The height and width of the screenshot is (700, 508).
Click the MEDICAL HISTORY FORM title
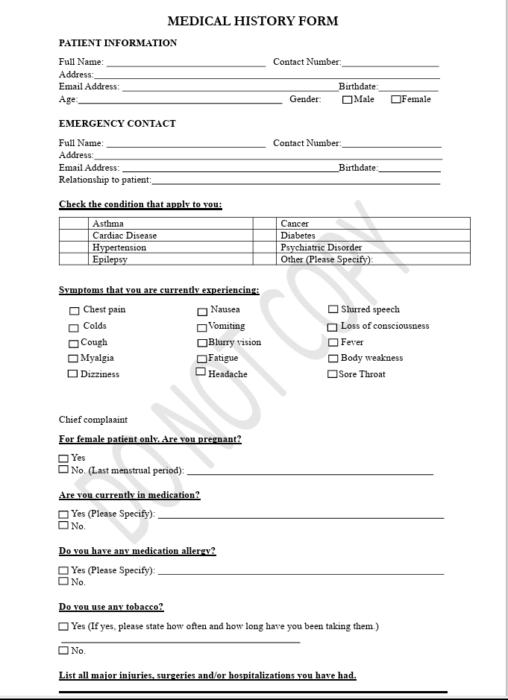click(252, 21)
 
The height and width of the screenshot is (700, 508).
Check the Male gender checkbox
click(347, 100)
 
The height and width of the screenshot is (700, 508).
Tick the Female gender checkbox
click(396, 99)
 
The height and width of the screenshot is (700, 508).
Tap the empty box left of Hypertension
click(74, 247)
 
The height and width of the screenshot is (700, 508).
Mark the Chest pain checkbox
click(74, 311)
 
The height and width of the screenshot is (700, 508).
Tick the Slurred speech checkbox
click(333, 309)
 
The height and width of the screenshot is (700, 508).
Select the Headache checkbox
click(201, 371)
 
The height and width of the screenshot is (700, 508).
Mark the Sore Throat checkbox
click(333, 374)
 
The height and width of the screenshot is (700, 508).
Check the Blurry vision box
click(202, 343)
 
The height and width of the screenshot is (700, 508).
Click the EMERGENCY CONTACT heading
click(117, 124)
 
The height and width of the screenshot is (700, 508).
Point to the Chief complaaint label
click(93, 420)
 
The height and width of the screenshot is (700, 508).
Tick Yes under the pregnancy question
click(63, 458)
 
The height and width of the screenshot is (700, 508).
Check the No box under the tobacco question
click(63, 651)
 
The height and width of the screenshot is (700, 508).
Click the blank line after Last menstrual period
click(310, 472)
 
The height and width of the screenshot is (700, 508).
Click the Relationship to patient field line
click(295, 181)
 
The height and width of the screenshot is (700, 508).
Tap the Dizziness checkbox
click(72, 373)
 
